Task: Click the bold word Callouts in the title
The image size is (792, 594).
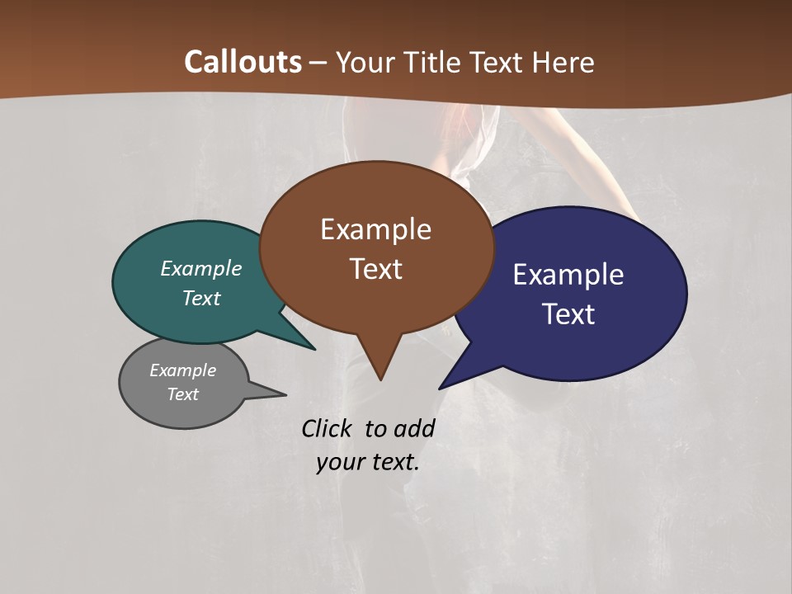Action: point(243,62)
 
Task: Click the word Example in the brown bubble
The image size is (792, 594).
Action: point(375,229)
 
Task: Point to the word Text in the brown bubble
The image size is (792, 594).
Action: point(375,269)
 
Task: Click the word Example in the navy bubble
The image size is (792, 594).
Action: point(568,275)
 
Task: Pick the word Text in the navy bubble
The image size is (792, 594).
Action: point(569,314)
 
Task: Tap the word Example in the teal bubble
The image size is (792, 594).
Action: point(201,268)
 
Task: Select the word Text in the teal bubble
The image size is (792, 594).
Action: point(201,298)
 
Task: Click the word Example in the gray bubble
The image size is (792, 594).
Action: point(182,370)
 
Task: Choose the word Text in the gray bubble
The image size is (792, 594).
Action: point(183,394)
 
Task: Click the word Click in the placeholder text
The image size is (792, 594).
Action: point(327,428)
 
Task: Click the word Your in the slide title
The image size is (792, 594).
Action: point(367,62)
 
